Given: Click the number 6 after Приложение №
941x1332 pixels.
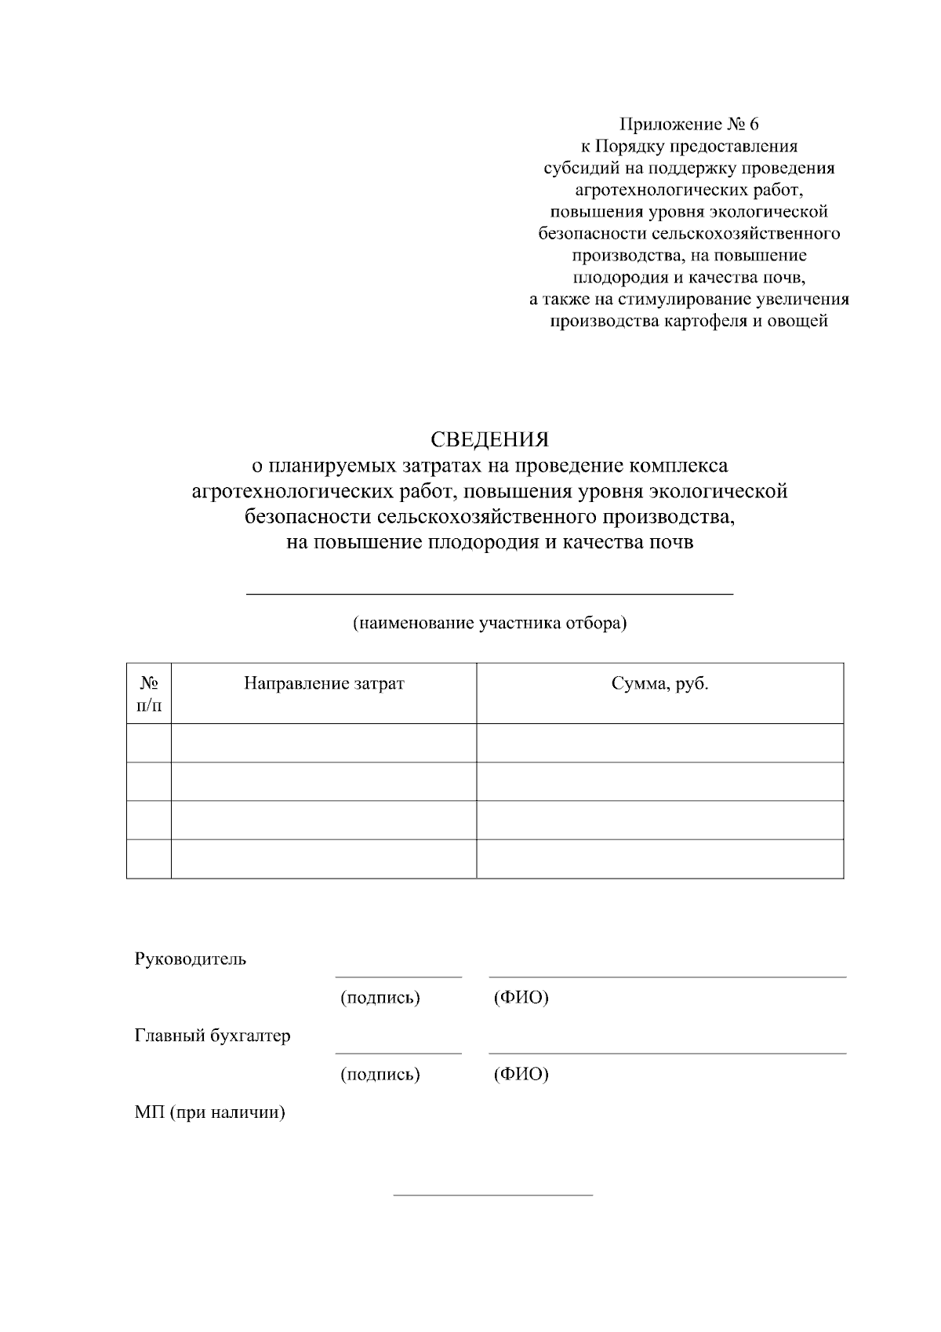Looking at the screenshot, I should pos(754,124).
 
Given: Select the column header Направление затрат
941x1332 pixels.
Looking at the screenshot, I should pos(324,683).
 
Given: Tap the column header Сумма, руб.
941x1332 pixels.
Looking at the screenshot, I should pos(659,683).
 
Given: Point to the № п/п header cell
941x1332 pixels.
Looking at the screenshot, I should pos(149,693).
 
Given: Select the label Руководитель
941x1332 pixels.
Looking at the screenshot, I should pos(191,959).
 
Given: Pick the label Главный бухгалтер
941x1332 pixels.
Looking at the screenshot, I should pos(213,1035).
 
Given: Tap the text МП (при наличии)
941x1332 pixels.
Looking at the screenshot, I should pos(209,1112).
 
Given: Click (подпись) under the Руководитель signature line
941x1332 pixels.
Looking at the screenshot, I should pos(380,998).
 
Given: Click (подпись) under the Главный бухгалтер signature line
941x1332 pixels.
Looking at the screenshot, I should pos(380,1074).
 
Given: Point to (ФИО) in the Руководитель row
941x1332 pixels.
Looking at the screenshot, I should pos(521,998).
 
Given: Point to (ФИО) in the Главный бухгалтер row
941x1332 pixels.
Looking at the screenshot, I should pos(521,1074).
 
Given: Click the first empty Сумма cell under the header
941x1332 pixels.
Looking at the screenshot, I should pos(659,742).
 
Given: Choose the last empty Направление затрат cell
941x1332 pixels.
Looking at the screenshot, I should pos(324,859).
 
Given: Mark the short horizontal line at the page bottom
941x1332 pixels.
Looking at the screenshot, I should pos(492,1196).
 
